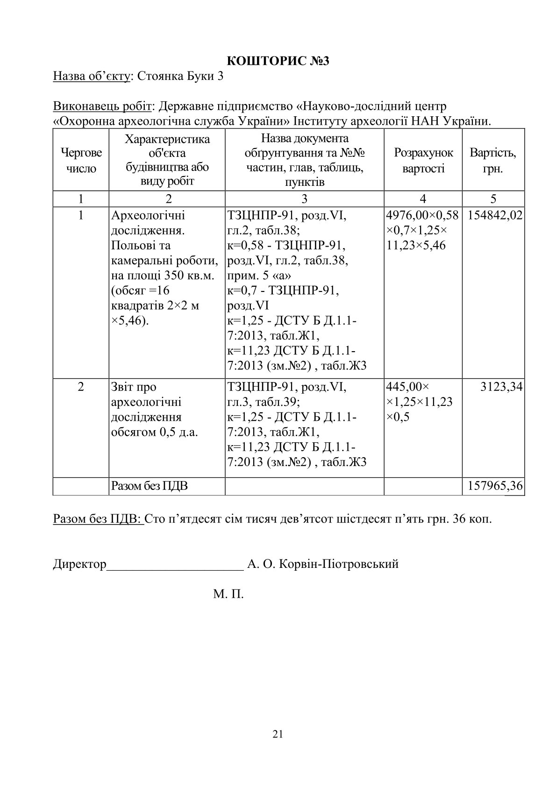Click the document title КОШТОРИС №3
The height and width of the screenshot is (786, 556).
click(x=278, y=61)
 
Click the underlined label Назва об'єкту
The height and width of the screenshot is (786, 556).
click(x=91, y=76)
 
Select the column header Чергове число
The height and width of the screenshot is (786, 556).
click(x=81, y=160)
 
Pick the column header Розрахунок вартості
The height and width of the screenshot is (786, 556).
click(x=423, y=160)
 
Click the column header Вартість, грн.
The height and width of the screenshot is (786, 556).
click(x=493, y=160)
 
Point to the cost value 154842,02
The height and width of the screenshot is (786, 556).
click(x=494, y=215)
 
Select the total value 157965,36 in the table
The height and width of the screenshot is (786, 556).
click(x=494, y=486)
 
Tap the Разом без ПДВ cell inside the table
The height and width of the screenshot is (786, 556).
click(x=150, y=486)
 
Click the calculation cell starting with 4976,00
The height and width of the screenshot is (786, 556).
click(x=423, y=230)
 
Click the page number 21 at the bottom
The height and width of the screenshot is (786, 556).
click(x=278, y=734)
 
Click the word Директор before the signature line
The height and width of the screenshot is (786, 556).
click(x=80, y=564)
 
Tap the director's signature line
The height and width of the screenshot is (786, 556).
click(x=175, y=568)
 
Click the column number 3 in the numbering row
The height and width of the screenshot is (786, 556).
click(x=304, y=198)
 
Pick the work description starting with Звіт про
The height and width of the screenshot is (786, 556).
click(x=154, y=409)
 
